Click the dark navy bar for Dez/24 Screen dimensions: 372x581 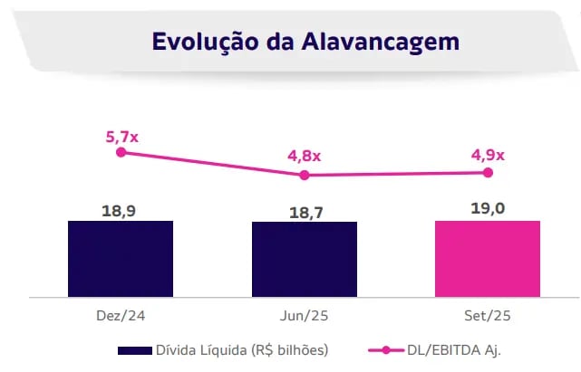(120, 258)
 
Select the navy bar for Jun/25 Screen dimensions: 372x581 (304, 259)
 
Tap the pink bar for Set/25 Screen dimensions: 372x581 (488, 258)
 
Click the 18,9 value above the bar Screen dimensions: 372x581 (120, 210)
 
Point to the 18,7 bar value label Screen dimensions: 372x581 (304, 212)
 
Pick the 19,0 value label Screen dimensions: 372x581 (488, 209)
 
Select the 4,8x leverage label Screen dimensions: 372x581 (305, 156)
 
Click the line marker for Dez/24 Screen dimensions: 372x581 (121, 152)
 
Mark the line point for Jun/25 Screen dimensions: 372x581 (305, 175)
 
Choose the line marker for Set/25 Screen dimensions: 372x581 (488, 172)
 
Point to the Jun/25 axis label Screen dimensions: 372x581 (304, 317)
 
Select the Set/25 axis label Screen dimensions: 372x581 (488, 317)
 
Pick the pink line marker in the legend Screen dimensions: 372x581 (384, 349)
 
